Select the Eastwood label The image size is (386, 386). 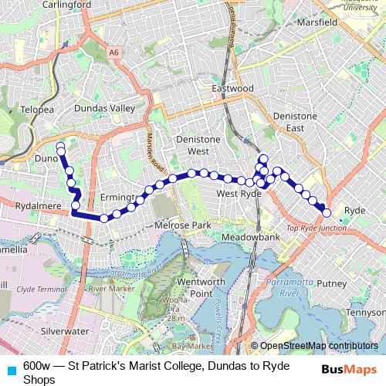click(x=232, y=89)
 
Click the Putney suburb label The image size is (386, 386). click(x=332, y=284)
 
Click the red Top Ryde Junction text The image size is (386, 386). click(x=316, y=229)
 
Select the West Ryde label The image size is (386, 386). click(x=238, y=194)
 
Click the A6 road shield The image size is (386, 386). click(x=114, y=52)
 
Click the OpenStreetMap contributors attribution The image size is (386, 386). click(x=318, y=347)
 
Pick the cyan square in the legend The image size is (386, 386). click(x=10, y=370)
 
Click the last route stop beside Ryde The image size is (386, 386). click(x=327, y=212)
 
